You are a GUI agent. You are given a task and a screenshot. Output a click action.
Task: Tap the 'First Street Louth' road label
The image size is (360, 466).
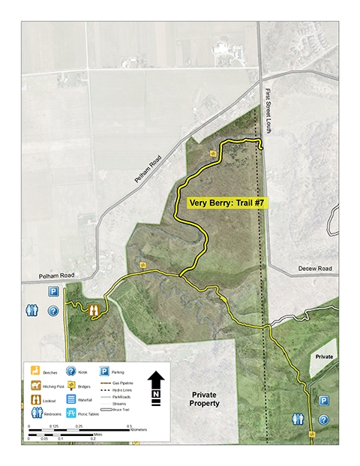267,112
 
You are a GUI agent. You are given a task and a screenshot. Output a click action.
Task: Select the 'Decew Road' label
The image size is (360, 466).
313,268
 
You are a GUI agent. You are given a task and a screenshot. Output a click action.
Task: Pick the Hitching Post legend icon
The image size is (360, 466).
34,386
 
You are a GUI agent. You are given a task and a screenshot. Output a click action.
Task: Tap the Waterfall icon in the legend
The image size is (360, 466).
70,400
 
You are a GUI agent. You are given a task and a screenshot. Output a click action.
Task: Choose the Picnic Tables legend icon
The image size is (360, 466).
70,413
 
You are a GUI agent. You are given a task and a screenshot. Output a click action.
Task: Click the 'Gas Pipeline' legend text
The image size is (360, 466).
122,383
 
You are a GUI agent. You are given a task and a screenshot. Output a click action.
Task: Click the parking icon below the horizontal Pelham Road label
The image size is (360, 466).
54,291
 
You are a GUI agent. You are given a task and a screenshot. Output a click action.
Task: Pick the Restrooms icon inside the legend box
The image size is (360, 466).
34,413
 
